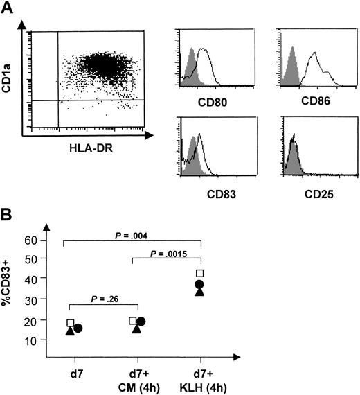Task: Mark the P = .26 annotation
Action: (102, 299)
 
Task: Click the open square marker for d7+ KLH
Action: (200, 274)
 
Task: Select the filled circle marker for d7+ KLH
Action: (200, 284)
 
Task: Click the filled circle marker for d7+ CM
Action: (141, 322)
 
